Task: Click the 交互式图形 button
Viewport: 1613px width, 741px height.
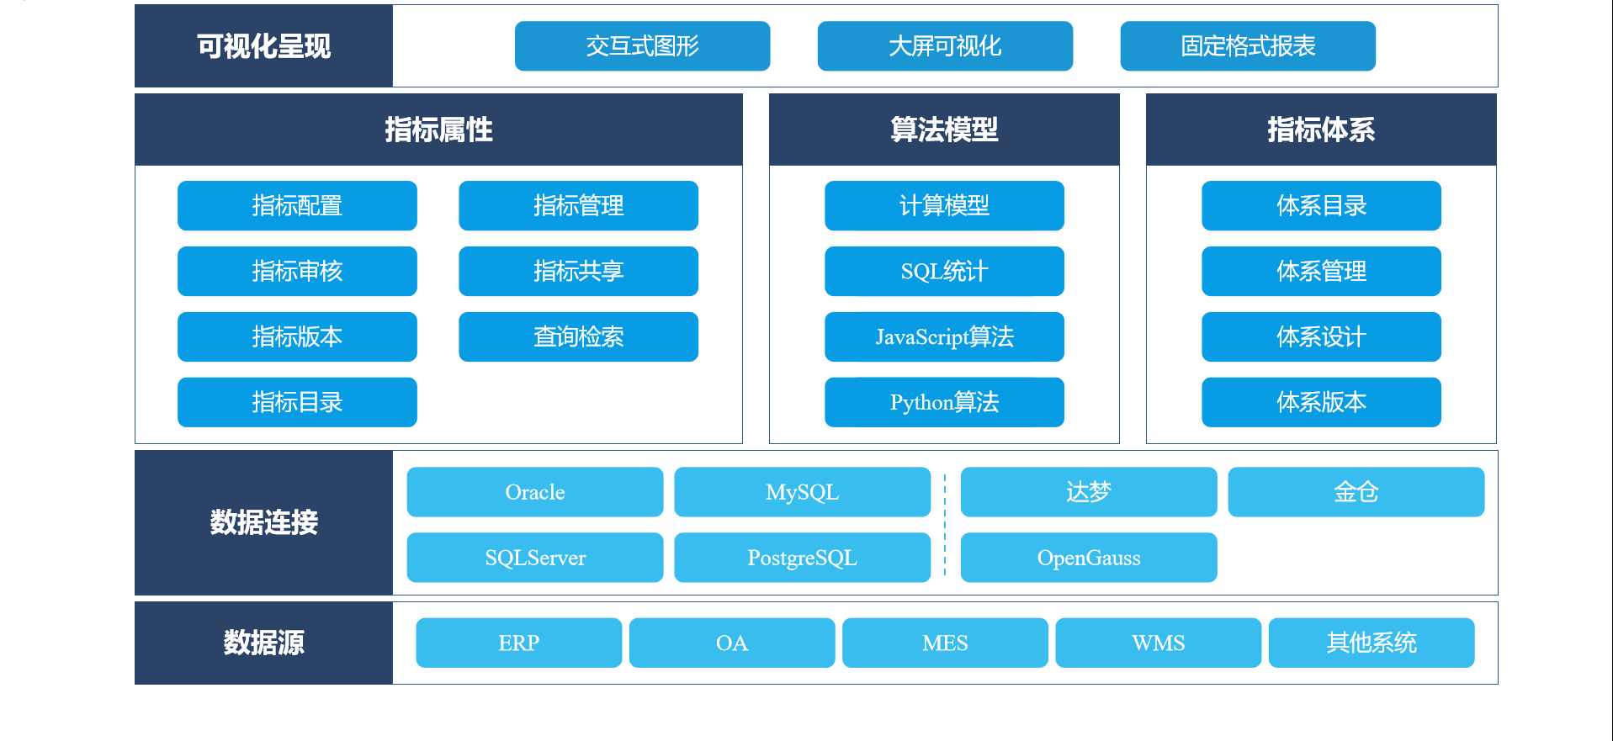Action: [642, 46]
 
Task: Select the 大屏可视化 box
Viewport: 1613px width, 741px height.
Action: [945, 46]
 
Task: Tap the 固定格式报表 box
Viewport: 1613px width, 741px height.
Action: [1248, 46]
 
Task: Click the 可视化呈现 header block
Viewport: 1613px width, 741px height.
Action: [263, 46]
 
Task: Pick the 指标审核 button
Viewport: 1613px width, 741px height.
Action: [297, 271]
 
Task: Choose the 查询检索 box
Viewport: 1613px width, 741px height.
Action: [578, 336]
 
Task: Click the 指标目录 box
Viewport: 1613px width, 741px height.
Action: [297, 402]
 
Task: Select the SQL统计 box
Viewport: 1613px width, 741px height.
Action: [944, 271]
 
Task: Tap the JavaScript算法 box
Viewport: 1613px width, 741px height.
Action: [944, 336]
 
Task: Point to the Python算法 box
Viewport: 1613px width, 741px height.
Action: [944, 402]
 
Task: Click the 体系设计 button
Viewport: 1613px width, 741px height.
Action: [1321, 336]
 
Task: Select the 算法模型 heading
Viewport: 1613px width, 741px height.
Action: [944, 130]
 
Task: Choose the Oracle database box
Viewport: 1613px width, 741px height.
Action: [535, 492]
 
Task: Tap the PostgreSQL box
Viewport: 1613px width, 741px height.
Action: [802, 558]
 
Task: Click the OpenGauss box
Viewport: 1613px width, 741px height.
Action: [1089, 558]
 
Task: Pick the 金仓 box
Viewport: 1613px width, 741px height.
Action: [1356, 492]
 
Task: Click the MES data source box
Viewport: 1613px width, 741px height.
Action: [945, 643]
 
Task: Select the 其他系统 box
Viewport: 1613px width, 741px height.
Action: [1371, 643]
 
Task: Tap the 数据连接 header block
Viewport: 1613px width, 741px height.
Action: [263, 522]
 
